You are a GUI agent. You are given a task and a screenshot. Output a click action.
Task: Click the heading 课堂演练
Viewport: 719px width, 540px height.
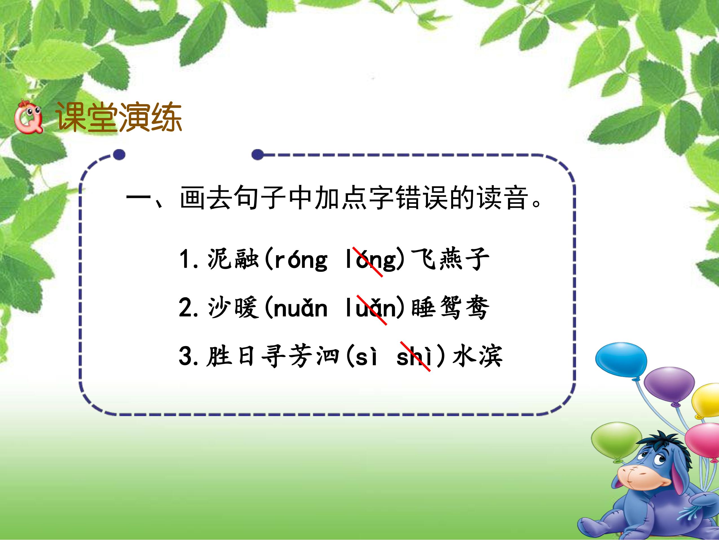(x=119, y=117)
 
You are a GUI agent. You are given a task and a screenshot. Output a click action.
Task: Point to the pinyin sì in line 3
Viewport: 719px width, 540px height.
(x=366, y=357)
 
